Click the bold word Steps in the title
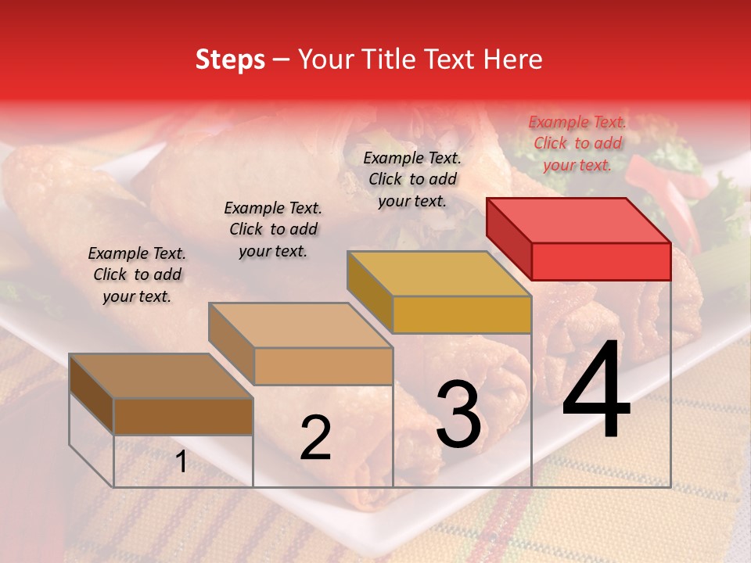point(230,59)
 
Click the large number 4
point(596,391)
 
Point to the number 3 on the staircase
point(458,414)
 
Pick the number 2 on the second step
point(315,438)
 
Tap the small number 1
point(181,462)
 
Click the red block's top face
point(579,219)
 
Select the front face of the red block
point(601,261)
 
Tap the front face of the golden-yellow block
point(462,314)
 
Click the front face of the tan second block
point(323,366)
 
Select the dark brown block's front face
point(183,416)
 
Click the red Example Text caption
point(577,143)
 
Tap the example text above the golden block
point(412,179)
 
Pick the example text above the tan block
point(273,229)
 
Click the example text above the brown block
point(137,274)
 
